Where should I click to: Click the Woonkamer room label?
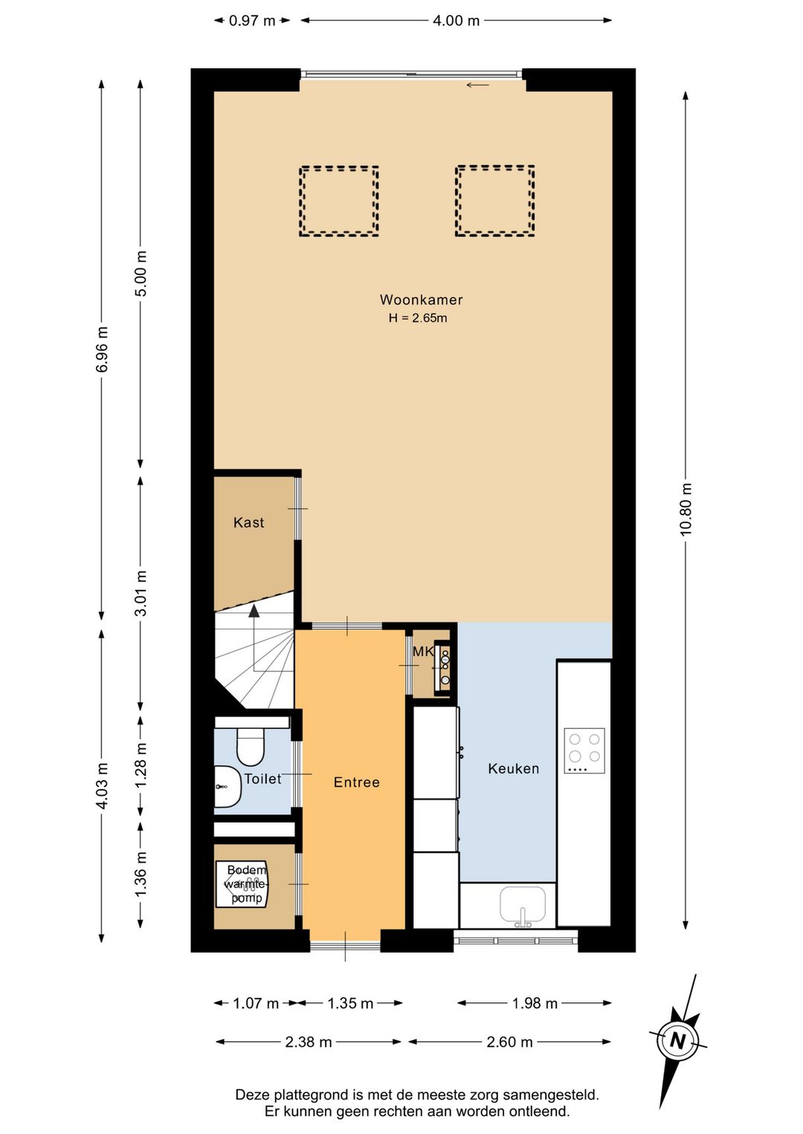tap(421, 299)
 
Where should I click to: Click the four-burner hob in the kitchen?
tap(584, 751)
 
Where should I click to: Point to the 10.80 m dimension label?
tap(686, 509)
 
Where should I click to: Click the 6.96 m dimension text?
tap(102, 349)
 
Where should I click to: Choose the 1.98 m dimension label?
tap(535, 1003)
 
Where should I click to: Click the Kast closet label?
tap(249, 522)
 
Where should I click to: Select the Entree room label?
tap(357, 783)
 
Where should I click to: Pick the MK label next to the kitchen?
tap(423, 652)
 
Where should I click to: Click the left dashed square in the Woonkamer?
tap(339, 201)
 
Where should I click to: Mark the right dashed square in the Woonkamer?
tap(495, 201)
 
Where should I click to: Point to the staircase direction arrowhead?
tap(254, 611)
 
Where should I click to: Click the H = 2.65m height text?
tap(418, 318)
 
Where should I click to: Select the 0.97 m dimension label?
tap(252, 21)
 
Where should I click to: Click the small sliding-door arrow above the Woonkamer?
tap(477, 85)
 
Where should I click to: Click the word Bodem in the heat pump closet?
tap(247, 869)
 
